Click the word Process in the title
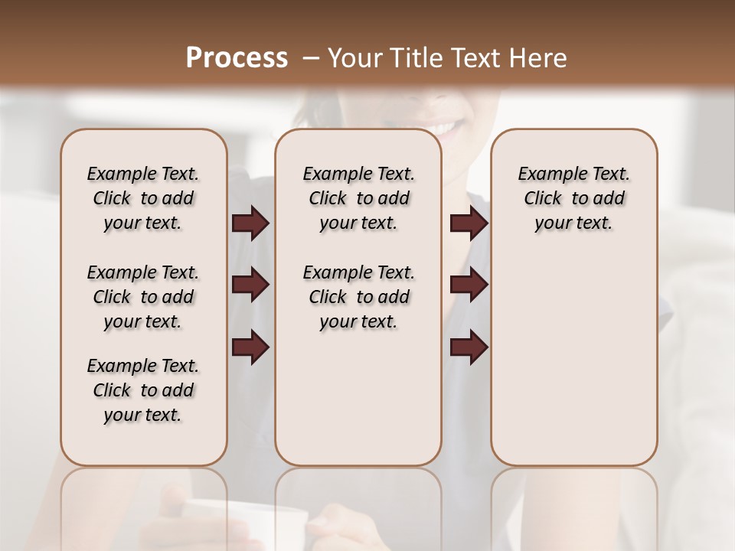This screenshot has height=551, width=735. coord(237,58)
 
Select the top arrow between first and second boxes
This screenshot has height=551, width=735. coord(250,223)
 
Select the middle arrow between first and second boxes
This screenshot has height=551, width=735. coord(250,285)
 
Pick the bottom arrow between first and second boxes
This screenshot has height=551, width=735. coord(250,347)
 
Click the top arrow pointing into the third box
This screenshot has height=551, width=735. coord(469,223)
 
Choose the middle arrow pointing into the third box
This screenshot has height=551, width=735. coord(469,285)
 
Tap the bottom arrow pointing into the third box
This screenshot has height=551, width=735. coord(469,347)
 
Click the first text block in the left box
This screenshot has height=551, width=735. coord(143,198)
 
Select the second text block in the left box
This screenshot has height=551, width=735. coord(143,297)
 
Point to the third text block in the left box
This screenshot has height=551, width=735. coord(143,390)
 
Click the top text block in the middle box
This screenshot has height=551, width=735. coord(358,198)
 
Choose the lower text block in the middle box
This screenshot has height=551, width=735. coord(358,297)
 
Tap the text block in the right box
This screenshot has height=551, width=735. coord(574,198)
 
